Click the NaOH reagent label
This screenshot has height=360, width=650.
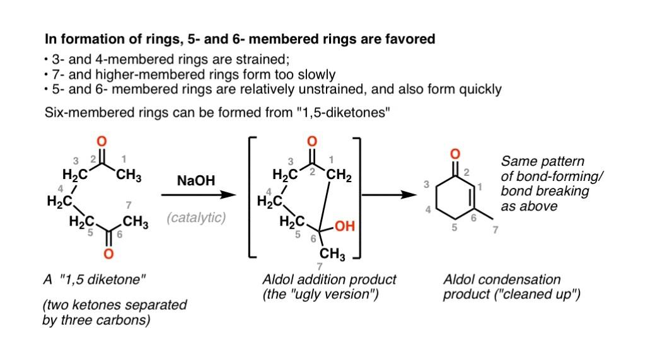(196, 181)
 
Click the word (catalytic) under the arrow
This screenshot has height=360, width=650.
(196, 218)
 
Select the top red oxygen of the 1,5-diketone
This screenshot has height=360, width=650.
(102, 141)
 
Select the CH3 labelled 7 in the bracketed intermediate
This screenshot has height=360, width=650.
(332, 254)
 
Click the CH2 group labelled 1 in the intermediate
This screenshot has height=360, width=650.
(339, 176)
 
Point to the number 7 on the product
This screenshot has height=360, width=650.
(495, 230)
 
